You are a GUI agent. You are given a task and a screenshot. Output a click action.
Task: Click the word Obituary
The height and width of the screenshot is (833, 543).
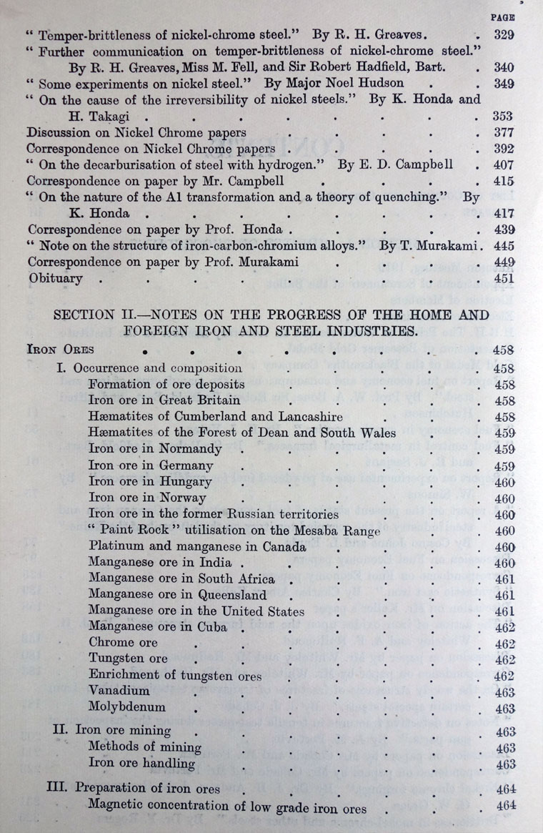[x=55, y=277]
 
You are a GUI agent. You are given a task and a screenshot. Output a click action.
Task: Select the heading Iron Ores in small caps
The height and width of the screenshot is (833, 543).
[x=56, y=350]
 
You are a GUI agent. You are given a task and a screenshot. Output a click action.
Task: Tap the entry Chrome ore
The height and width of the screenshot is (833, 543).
[x=123, y=643]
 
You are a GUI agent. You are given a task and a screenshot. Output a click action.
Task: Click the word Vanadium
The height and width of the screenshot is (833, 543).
[x=119, y=691]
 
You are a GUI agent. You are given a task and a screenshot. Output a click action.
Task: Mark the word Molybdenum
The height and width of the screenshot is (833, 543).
[x=127, y=708]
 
